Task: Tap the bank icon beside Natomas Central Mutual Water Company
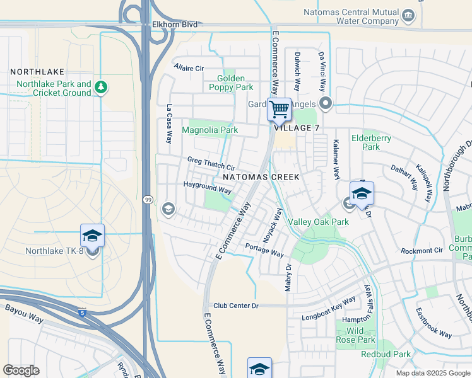(408, 15)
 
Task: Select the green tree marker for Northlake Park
(100, 88)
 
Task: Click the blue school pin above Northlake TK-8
(92, 236)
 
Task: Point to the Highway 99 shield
(147, 200)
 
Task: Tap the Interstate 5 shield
(83, 312)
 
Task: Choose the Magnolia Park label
(209, 130)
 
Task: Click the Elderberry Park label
(371, 142)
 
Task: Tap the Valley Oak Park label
(318, 222)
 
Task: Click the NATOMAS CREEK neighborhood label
(261, 178)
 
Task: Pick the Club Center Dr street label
(236, 306)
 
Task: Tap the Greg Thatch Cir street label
(211, 164)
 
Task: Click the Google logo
(21, 370)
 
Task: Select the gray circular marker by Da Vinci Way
(326, 103)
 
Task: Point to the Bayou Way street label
(24, 314)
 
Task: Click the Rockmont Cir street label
(422, 251)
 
